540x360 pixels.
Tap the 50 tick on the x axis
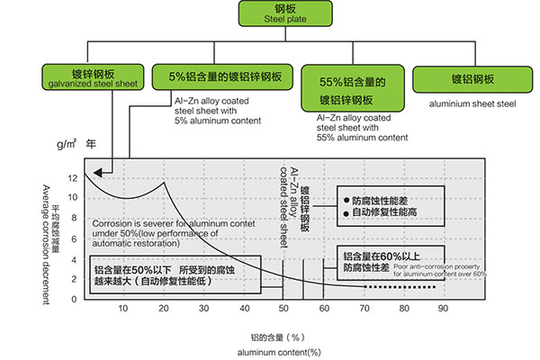[283, 309]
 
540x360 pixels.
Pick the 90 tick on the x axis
[443, 309]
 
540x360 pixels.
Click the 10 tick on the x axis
[123, 309]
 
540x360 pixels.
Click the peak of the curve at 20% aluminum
[163, 184]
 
